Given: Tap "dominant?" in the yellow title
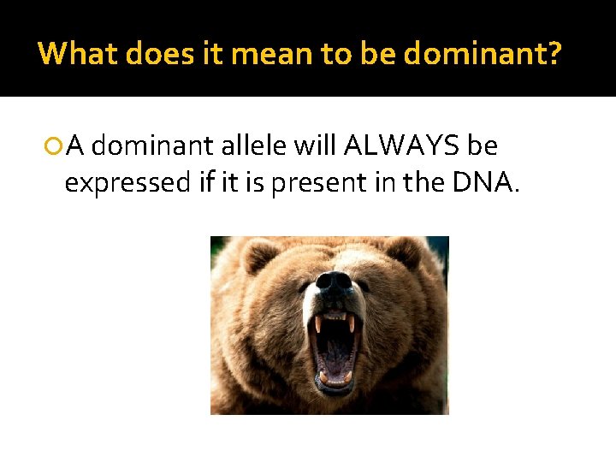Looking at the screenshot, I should (x=483, y=53).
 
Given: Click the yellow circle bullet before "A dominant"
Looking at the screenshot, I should (x=54, y=147).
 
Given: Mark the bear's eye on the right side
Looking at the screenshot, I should (x=363, y=286).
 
